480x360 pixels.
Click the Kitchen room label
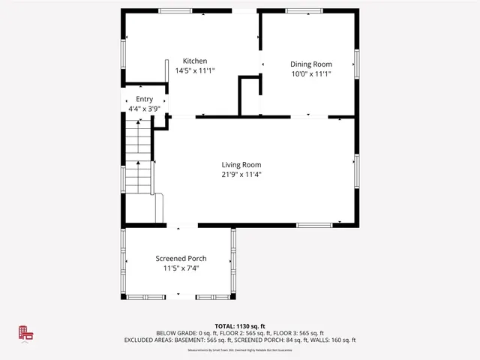(x=195, y=61)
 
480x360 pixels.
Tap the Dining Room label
(x=311, y=64)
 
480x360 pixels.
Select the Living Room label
(x=241, y=165)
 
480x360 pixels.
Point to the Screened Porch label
(x=181, y=259)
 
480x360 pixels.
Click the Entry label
(x=144, y=99)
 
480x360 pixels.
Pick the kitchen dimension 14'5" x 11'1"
(x=195, y=71)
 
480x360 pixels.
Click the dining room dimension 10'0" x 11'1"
(x=311, y=74)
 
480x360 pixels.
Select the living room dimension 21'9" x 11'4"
(x=241, y=175)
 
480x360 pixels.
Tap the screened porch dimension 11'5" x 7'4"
(x=181, y=268)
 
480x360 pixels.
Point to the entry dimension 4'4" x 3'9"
(x=144, y=109)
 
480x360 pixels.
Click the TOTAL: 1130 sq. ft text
(x=240, y=326)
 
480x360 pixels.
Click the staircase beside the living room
(x=139, y=157)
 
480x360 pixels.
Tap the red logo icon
(x=26, y=334)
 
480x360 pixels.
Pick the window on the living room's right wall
(x=357, y=172)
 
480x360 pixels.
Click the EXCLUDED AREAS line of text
(x=240, y=340)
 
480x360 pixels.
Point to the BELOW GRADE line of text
(x=240, y=333)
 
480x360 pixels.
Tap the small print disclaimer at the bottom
(x=240, y=349)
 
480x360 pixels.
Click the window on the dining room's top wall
(x=304, y=10)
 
